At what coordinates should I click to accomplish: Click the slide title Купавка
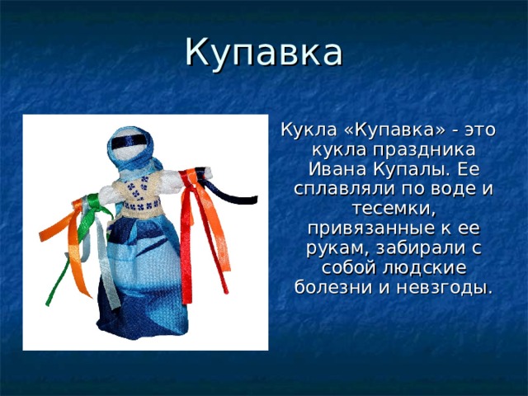pos(263,51)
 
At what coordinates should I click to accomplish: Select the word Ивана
pos(334,169)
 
